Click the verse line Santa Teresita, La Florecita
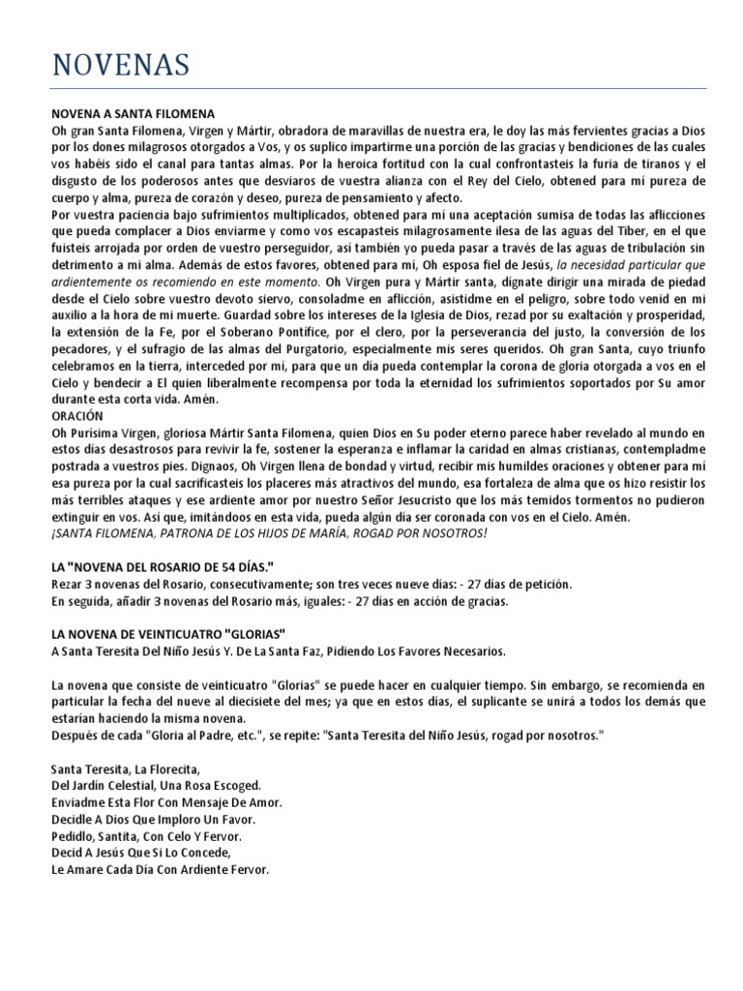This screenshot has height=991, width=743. pos(125,769)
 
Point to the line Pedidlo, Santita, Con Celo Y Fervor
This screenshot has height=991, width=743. pos(146,836)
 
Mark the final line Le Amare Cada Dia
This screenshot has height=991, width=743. pos(160,869)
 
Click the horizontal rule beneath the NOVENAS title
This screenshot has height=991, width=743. pos(378,89)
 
